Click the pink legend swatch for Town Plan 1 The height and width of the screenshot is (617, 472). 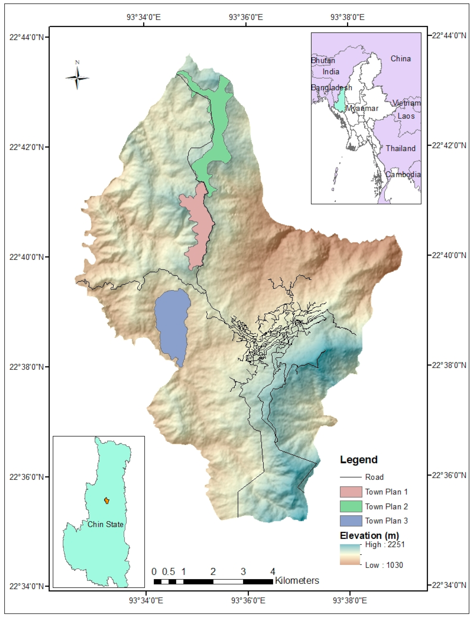pos(351,492)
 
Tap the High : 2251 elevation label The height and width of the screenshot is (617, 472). pos(385,545)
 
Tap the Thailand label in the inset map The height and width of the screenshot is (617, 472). pos(400,148)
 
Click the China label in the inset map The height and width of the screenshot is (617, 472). pos(401,59)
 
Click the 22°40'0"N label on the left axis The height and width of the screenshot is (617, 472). pos(27,257)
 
